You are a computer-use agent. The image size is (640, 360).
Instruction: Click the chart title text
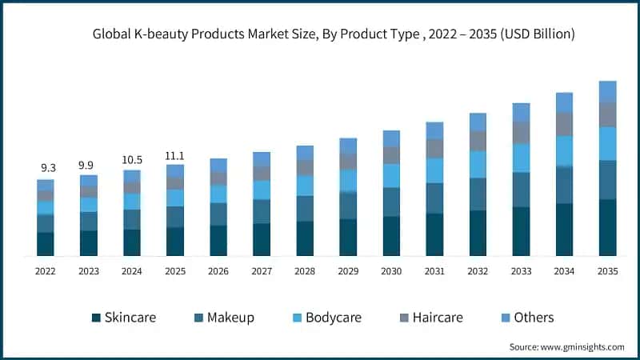pos(334,34)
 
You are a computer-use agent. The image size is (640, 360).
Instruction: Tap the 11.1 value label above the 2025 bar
pos(175,155)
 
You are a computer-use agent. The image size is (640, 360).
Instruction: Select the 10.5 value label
pos(132,160)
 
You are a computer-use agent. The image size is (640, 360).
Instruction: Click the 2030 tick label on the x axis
pos(391,272)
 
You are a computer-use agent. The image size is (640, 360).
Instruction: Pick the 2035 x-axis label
pos(607,272)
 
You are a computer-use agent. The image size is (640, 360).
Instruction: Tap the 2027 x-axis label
pos(262,272)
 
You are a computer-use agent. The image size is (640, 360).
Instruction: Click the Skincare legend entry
pos(124,318)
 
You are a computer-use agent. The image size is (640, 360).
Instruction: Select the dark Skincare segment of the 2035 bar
pos(607,227)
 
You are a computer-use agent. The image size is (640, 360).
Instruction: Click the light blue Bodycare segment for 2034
pos(564,150)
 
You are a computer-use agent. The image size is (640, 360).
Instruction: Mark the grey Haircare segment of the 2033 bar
pos(521,132)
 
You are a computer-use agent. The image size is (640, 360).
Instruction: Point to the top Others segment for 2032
pos(478,122)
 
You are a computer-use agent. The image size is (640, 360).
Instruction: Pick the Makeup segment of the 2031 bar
pos(434,198)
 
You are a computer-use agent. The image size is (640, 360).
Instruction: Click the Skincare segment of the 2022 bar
pos(46,244)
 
